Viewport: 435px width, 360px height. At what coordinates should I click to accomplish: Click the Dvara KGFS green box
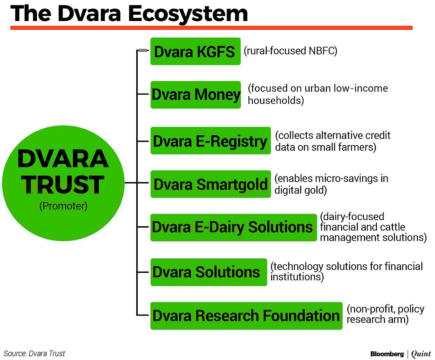pos(195,51)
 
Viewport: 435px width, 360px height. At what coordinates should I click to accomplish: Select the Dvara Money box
pos(196,95)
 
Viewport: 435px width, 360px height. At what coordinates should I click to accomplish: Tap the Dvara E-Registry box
pos(210,141)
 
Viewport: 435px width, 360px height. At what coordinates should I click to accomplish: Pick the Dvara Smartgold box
pos(211,184)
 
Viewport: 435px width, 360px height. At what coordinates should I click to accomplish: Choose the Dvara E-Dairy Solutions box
pos(233,228)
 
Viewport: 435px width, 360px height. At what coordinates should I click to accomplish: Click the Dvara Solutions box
pos(208,272)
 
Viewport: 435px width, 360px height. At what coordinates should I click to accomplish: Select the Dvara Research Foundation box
pos(246,316)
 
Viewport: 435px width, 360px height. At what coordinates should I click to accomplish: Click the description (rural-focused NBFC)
pos(290,51)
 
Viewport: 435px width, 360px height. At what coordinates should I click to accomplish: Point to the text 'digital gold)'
pos(301,190)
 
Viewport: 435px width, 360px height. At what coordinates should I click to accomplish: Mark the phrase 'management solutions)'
pos(373,237)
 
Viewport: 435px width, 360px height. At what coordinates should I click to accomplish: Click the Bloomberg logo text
pos(386,353)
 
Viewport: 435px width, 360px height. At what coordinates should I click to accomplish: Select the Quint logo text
pos(421,353)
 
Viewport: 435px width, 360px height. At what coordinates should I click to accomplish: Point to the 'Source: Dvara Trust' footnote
pos(34,353)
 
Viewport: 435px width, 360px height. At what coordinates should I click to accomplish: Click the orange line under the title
pos(211,28)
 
